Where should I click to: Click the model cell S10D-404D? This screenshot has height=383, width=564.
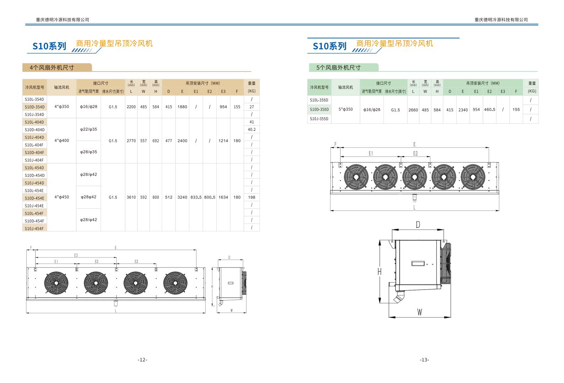(34, 130)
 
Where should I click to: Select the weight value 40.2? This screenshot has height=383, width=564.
(252, 129)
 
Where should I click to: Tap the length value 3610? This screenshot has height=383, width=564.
(131, 197)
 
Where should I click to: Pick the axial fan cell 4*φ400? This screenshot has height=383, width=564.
(62, 140)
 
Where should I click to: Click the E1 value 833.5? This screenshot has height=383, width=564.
(196, 197)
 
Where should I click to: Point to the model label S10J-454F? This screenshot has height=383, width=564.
(34, 229)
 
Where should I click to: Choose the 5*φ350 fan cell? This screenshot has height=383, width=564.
(345, 110)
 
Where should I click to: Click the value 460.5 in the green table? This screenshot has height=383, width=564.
(489, 110)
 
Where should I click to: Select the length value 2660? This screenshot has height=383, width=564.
(413, 110)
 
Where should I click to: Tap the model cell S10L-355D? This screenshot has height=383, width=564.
(319, 100)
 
